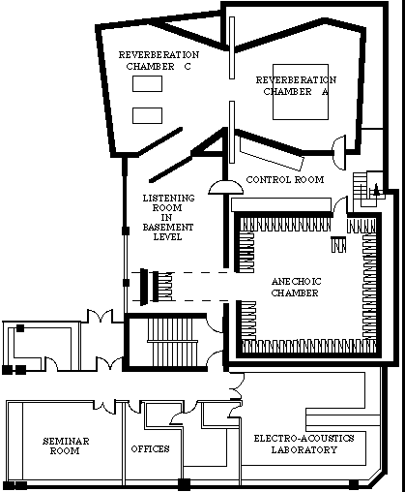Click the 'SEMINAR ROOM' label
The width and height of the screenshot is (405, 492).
(x=66, y=446)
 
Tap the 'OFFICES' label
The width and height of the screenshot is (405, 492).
(x=150, y=449)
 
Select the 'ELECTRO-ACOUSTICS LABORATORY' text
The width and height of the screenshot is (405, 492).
(x=304, y=444)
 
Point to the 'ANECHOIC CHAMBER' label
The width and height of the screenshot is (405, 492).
(x=296, y=287)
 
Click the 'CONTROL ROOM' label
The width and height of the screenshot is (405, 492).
(x=285, y=179)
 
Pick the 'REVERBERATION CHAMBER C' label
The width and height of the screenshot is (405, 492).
(x=159, y=60)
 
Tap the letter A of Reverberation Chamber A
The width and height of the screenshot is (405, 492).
(x=325, y=92)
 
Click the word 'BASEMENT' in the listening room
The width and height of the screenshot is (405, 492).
(x=168, y=228)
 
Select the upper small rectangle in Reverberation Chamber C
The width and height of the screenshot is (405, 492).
(x=147, y=84)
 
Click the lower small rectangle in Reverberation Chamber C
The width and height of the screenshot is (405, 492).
(x=147, y=115)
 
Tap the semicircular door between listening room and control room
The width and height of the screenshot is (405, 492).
(x=225, y=188)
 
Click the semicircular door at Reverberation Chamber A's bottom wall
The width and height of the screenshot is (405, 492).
(x=339, y=152)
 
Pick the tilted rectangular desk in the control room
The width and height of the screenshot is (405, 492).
(x=272, y=155)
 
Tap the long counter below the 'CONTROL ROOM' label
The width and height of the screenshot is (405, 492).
(x=281, y=204)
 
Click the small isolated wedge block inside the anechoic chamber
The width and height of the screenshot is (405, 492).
(x=338, y=244)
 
